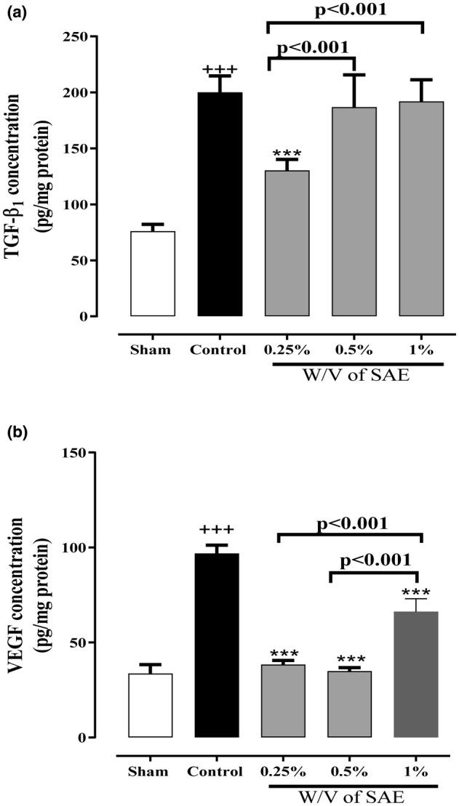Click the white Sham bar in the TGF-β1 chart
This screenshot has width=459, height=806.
[x=152, y=274]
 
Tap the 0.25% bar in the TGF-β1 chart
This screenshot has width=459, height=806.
[x=287, y=243]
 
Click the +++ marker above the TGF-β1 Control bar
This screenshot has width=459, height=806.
[x=220, y=70]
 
